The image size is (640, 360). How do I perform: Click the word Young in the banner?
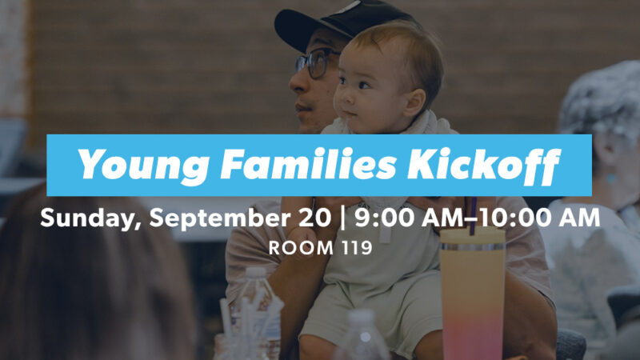(143, 165)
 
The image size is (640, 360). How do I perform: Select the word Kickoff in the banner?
(484, 165)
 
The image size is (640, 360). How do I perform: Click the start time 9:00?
(384, 218)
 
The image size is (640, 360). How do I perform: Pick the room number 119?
(357, 248)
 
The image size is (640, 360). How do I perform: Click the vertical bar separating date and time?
(342, 218)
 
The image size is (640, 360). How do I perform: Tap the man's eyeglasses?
(317, 62)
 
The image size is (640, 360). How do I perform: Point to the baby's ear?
(415, 103)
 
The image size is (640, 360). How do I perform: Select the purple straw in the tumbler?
(472, 216)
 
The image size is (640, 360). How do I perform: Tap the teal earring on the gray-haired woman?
(610, 178)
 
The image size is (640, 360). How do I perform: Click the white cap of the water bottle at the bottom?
(362, 317)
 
